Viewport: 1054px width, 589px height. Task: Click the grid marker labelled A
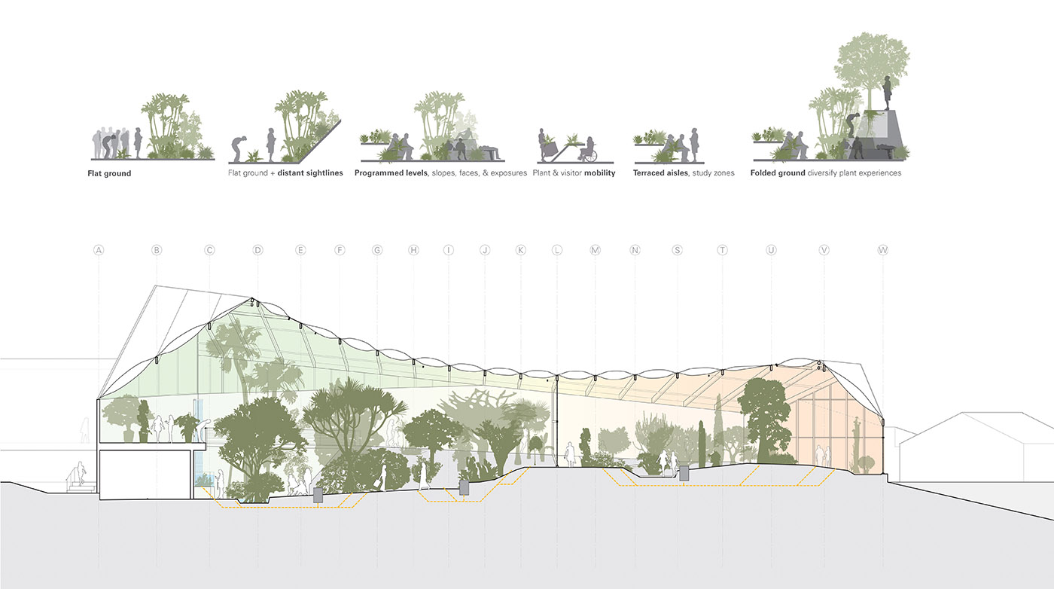pos(98,250)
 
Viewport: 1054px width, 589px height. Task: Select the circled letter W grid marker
pos(882,250)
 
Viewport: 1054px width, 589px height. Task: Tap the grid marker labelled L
pos(557,250)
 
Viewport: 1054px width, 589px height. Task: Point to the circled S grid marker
pos(677,250)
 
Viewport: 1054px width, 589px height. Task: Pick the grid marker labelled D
pos(257,250)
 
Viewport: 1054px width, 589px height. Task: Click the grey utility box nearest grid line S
pos(684,472)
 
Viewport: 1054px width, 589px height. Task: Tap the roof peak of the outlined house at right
pos(957,413)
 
